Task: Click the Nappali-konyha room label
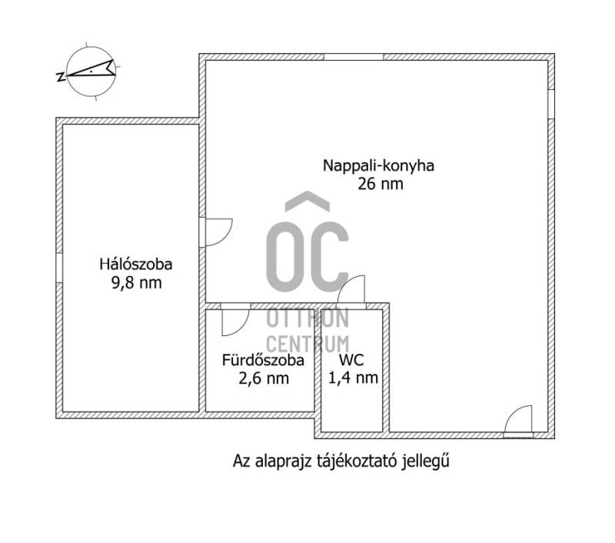[x=378, y=166]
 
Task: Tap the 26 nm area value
[x=380, y=184]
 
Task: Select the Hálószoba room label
[x=136, y=264]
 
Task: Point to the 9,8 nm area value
[x=137, y=283]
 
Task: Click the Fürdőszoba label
[x=263, y=360]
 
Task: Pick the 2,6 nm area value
[x=264, y=378]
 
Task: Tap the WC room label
[x=351, y=360]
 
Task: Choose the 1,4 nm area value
[x=353, y=378]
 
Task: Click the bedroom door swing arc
[x=228, y=237]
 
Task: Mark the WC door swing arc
[x=345, y=283]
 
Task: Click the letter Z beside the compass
[x=61, y=77]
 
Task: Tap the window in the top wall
[x=354, y=57]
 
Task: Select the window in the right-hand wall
[x=551, y=104]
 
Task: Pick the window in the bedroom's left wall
[x=59, y=268]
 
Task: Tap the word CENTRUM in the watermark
[x=307, y=344]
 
